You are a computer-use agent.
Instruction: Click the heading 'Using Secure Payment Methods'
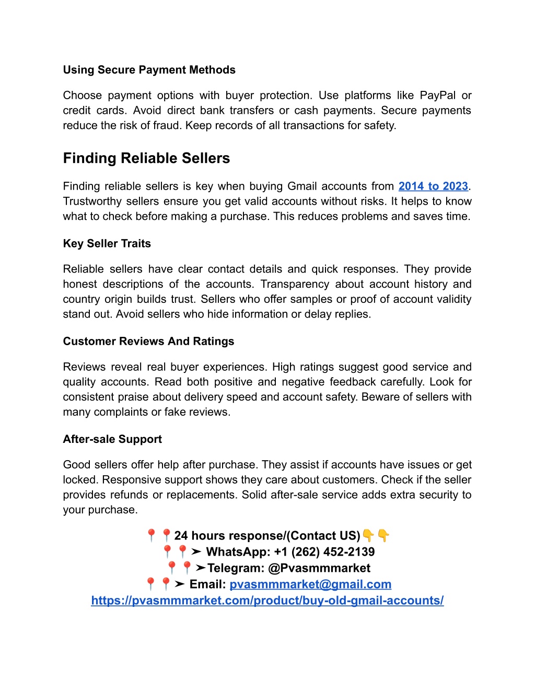[149, 70]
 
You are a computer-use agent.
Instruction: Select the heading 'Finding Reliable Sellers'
[146, 158]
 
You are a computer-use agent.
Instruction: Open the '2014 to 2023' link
[433, 186]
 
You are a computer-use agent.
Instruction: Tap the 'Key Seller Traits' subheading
[107, 244]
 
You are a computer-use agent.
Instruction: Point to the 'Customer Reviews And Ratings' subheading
[148, 342]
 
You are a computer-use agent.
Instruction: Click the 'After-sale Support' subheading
[112, 439]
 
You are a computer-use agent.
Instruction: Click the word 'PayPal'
[438, 96]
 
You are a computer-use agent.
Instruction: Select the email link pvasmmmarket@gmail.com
[310, 584]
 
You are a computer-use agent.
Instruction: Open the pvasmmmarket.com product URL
[267, 601]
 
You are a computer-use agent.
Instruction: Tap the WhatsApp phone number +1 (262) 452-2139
[324, 552]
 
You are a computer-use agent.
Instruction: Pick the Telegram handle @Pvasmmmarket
[319, 568]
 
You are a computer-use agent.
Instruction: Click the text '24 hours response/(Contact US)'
[267, 536]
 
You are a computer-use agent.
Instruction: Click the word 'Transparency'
[295, 284]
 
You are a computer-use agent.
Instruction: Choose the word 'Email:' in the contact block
[207, 584]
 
